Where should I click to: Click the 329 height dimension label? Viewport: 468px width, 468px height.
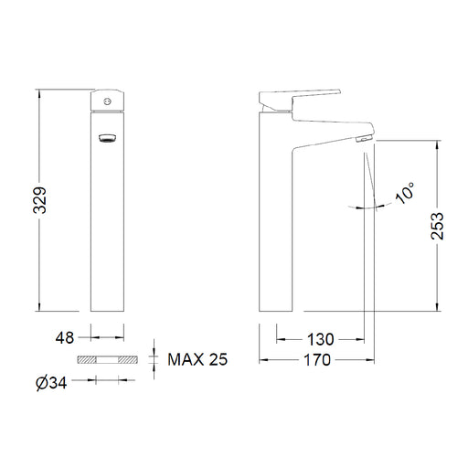[40, 200]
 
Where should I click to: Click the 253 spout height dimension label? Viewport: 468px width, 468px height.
[437, 226]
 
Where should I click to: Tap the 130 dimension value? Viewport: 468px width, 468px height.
[321, 339]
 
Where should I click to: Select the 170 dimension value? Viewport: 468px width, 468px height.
[317, 360]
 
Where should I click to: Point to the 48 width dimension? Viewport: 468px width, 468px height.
[65, 337]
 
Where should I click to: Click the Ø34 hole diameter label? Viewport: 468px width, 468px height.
[51, 383]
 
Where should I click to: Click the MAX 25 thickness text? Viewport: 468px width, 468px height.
[197, 359]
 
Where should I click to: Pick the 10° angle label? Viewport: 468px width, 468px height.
[405, 193]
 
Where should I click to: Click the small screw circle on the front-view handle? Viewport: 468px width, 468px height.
[107, 101]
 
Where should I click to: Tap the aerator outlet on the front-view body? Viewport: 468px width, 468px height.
[107, 138]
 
